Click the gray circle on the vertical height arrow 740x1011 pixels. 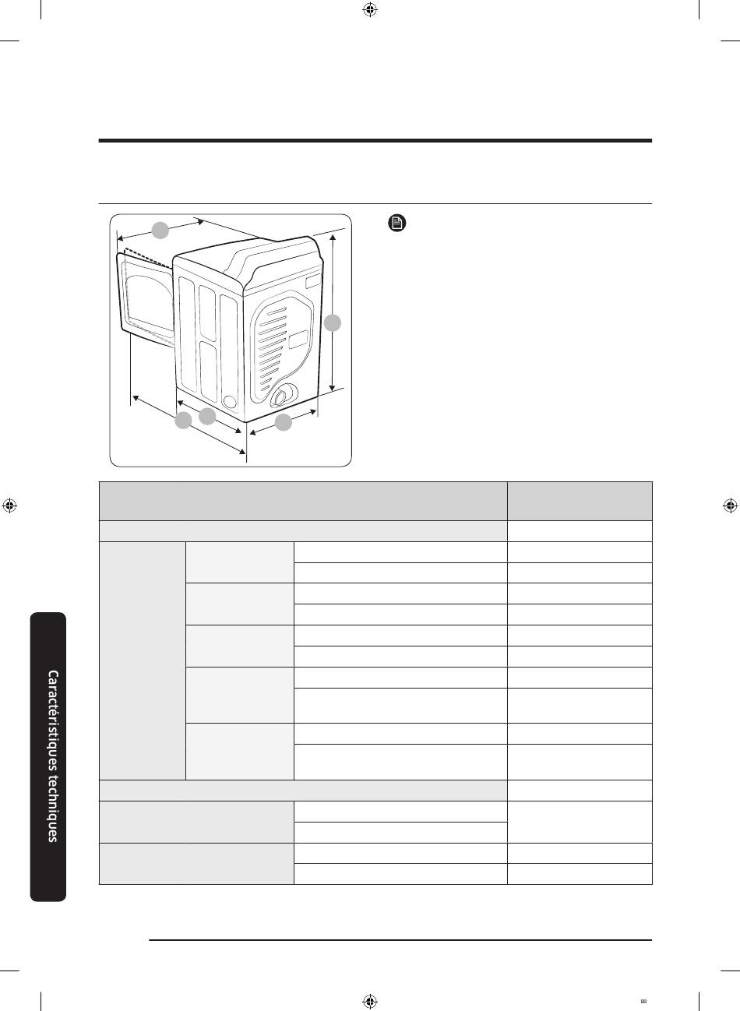pyautogui.click(x=333, y=323)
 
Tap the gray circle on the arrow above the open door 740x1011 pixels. pyautogui.click(x=160, y=231)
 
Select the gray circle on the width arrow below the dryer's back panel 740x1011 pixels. pyautogui.click(x=284, y=422)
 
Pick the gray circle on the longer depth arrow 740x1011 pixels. pyautogui.click(x=183, y=421)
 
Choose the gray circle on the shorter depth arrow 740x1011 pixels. pyautogui.click(x=207, y=416)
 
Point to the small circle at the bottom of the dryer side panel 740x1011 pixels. pyautogui.click(x=229, y=402)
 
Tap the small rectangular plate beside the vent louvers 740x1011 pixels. pyautogui.click(x=298, y=339)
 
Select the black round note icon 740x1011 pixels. pyautogui.click(x=397, y=223)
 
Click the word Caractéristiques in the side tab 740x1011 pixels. pyautogui.click(x=53, y=720)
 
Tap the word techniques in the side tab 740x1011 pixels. pyautogui.click(x=53, y=808)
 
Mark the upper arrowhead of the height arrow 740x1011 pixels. pyautogui.click(x=333, y=238)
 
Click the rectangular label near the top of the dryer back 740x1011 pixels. pyautogui.click(x=313, y=282)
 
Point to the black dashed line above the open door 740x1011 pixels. pyautogui.click(x=149, y=257)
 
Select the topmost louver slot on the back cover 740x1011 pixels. pyautogui.click(x=276, y=311)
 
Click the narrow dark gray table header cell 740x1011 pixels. pyautogui.click(x=580, y=501)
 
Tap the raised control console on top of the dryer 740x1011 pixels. pyautogui.click(x=271, y=256)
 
